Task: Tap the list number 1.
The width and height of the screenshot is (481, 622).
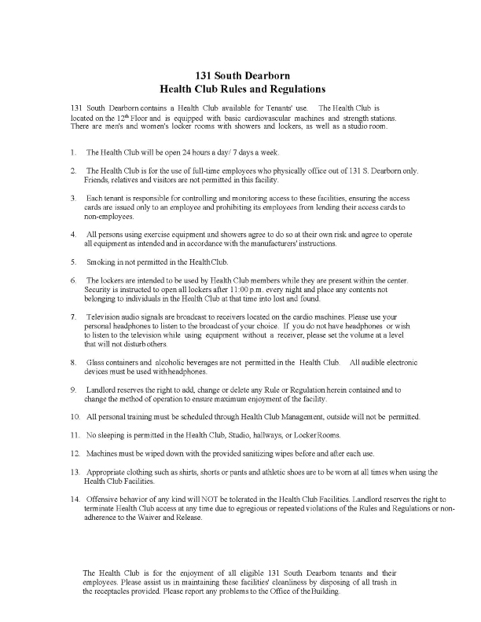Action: (73, 152)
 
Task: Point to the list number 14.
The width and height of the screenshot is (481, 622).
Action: (75, 499)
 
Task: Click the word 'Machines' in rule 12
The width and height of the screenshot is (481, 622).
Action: (104, 454)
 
